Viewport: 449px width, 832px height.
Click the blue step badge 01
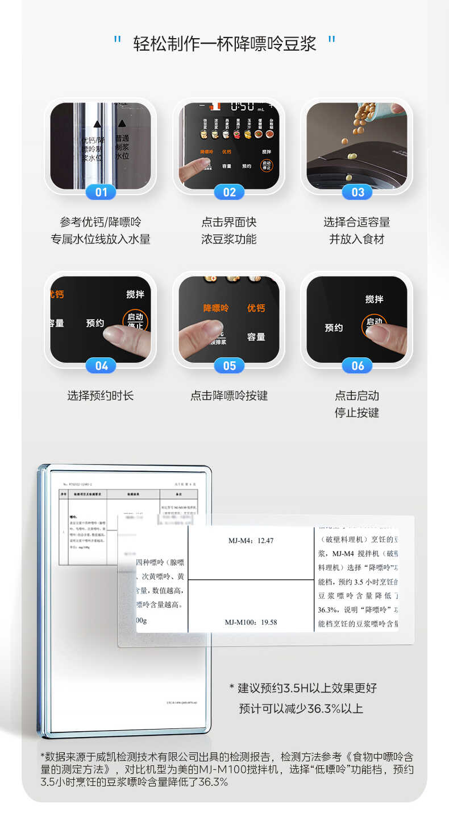(101, 192)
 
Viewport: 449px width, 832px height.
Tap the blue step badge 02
(229, 192)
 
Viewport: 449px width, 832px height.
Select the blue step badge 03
(357, 192)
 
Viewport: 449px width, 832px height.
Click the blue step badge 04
(101, 366)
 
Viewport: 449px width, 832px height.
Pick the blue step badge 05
(229, 366)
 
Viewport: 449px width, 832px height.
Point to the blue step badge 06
(357, 366)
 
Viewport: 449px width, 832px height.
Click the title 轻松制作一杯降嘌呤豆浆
(224, 43)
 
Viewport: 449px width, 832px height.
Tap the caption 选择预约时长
(101, 396)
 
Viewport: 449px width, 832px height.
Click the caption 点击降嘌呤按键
(229, 396)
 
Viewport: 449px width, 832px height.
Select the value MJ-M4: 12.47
(250, 541)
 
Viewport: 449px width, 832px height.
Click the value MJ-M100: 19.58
(251, 622)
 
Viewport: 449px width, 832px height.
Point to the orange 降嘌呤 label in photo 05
(216, 308)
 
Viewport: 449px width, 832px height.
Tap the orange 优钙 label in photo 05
(256, 308)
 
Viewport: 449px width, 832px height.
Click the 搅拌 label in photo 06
(374, 299)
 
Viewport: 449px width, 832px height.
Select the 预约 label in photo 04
(95, 323)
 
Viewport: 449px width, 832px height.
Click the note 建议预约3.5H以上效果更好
(307, 688)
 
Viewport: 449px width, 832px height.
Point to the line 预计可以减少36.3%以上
(301, 709)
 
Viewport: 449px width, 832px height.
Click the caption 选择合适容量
(357, 222)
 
